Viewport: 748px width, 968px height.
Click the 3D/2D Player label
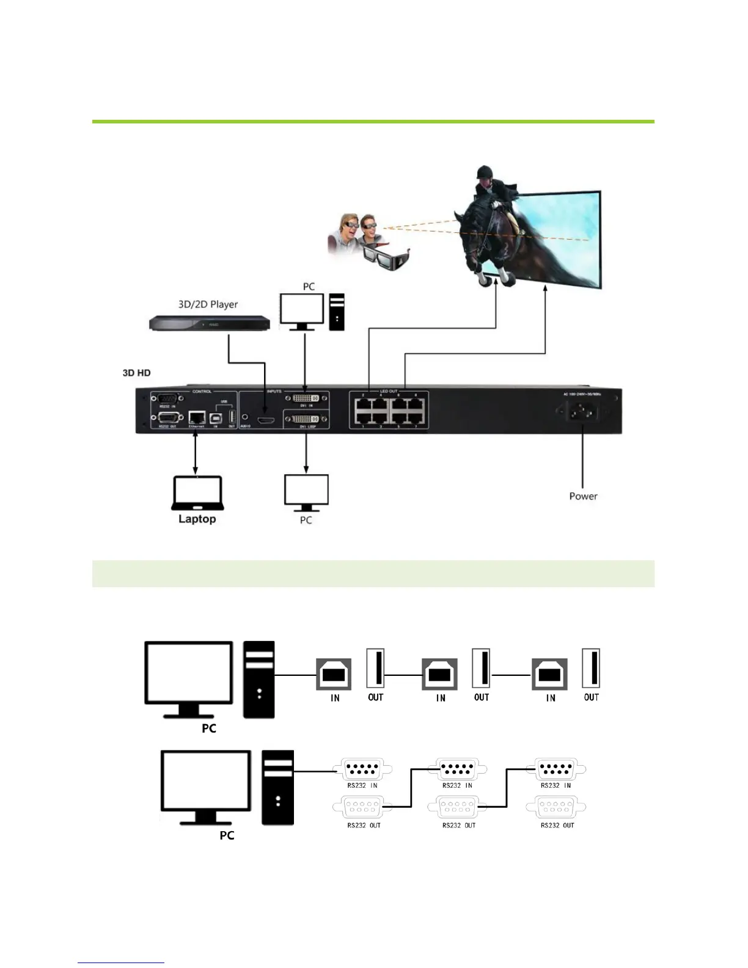coord(208,304)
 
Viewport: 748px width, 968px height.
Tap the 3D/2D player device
coord(210,323)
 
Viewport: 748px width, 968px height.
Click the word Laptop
coord(197,519)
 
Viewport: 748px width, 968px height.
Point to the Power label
coord(583,496)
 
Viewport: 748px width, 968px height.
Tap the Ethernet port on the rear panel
coord(197,417)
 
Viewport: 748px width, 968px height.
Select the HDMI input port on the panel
coord(265,420)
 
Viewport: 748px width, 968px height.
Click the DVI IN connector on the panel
coord(306,399)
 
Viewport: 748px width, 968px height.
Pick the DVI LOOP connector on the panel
coord(306,419)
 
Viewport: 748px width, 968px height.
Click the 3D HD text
coord(136,373)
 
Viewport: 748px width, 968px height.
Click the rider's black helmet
coord(485,172)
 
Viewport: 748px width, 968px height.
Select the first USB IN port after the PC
coord(334,675)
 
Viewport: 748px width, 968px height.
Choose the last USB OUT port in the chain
coord(592,669)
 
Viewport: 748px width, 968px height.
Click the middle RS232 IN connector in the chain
coord(458,769)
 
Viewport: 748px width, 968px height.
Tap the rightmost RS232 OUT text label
coord(557,826)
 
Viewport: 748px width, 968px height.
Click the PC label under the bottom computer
coord(227,835)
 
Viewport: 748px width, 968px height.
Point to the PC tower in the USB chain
coord(259,679)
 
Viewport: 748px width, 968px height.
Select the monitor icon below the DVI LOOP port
coord(306,492)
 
